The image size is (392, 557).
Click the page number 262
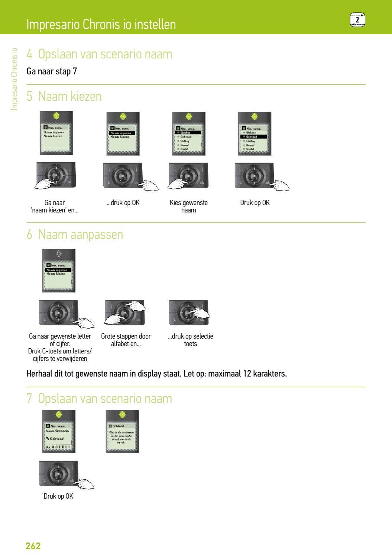[33, 546]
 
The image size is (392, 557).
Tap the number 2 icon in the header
[357, 20]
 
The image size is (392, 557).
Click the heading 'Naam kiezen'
[70, 96]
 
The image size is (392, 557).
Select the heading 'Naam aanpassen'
[80, 234]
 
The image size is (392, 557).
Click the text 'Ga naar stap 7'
[52, 71]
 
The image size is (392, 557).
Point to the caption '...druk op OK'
[123, 203]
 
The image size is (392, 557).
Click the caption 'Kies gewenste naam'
[188, 207]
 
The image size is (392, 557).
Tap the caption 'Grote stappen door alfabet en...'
[126, 340]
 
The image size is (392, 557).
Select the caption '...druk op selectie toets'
[190, 340]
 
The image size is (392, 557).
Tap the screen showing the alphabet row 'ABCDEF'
[59, 432]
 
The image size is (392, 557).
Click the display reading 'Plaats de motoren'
[122, 432]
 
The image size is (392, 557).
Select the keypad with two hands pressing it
[125, 313]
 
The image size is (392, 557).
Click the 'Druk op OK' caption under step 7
[58, 496]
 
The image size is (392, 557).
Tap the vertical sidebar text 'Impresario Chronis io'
[14, 79]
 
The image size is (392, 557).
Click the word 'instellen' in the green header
[155, 24]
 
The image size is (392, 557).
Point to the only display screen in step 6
[59, 271]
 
